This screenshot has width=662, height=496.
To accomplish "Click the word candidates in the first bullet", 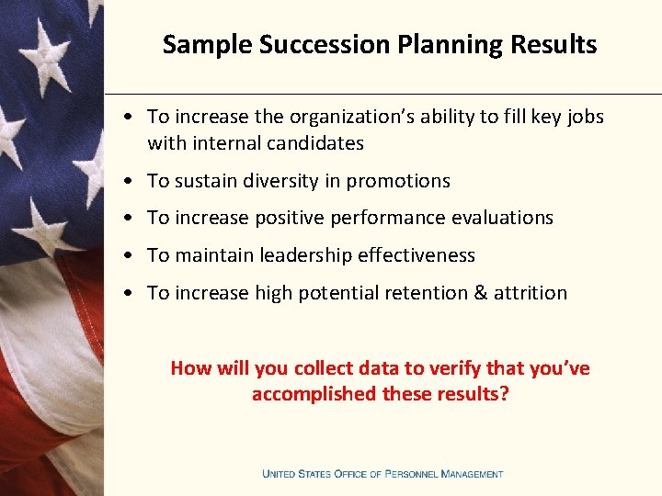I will pos(314,143).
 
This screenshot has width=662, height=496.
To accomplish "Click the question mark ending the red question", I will pos(505,394).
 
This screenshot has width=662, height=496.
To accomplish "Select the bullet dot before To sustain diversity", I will pos(134,182).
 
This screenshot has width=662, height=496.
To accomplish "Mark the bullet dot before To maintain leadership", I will pos(134,256).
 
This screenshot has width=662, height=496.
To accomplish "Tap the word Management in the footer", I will pos(472,474).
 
